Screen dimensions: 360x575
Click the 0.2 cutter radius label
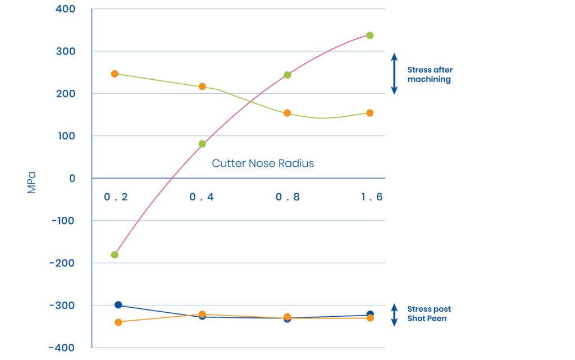[116, 198]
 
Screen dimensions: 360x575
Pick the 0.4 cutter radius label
[202, 198]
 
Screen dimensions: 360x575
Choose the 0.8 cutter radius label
[287, 198]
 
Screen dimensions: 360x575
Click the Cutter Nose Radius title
[263, 163]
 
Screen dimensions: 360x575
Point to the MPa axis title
[31, 182]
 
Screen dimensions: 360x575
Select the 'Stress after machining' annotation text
[430, 75]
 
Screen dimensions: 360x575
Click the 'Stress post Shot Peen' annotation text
[429, 313]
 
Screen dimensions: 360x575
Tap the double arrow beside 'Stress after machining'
[394, 74]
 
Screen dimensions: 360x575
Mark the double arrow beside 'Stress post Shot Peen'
[394, 315]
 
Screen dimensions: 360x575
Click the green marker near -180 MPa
[115, 255]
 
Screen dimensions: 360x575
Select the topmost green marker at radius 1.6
[370, 35]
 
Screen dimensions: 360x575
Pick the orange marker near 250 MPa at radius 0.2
[115, 74]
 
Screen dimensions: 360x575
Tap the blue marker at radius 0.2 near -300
[118, 305]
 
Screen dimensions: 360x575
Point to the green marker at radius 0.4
[202, 144]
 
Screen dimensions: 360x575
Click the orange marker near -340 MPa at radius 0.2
[118, 322]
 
